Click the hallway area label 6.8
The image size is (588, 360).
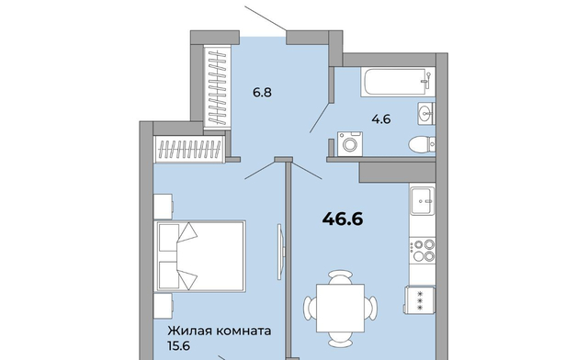[x=262, y=92]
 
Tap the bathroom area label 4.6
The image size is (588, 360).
[x=381, y=119]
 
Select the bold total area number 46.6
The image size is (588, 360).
[x=343, y=219]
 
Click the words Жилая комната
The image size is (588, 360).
[x=220, y=332]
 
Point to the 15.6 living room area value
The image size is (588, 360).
[x=178, y=345]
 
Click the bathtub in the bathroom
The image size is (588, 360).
[x=398, y=82]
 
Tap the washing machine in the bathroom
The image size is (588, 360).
[x=350, y=143]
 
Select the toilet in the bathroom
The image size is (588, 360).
[x=422, y=144]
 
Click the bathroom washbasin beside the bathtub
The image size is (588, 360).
[x=426, y=113]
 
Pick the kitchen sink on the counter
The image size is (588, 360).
[x=423, y=200]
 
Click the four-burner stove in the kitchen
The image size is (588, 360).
[x=423, y=251]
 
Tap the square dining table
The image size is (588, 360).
[x=341, y=309]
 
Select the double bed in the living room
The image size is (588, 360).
[x=200, y=256]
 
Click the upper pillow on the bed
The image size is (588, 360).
[x=168, y=238]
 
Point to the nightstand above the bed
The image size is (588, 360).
[x=164, y=207]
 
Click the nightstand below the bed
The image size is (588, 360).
[x=164, y=306]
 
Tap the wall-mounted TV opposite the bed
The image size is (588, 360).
[x=280, y=252]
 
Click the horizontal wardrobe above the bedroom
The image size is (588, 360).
[x=190, y=150]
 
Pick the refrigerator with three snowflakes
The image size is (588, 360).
[x=420, y=300]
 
